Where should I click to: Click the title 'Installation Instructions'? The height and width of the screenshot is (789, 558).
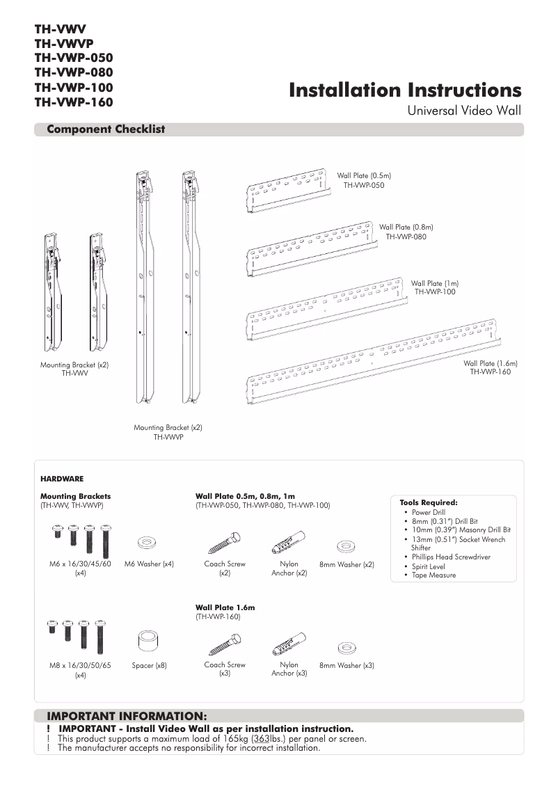[404, 90]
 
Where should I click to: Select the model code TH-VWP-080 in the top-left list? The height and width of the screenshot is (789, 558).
[74, 72]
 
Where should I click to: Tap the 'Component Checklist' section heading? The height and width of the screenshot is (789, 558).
[106, 129]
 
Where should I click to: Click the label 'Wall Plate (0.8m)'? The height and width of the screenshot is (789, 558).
[406, 227]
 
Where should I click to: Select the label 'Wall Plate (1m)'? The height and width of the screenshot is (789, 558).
[435, 283]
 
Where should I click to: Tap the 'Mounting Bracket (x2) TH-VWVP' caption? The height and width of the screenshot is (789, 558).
[168, 432]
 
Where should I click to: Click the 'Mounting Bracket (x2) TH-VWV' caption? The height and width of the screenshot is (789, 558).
[74, 369]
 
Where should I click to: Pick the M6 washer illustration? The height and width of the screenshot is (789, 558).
[148, 541]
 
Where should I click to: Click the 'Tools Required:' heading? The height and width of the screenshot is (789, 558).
[429, 502]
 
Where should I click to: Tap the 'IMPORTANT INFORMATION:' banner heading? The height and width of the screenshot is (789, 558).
[127, 715]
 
